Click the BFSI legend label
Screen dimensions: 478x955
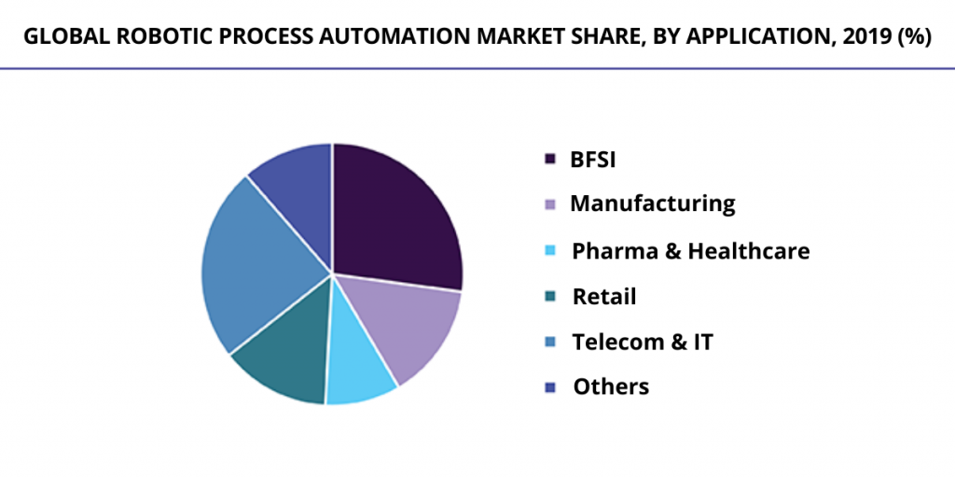tap(593, 159)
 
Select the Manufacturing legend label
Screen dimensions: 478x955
tap(653, 204)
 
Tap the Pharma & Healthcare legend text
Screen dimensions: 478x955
tap(690, 250)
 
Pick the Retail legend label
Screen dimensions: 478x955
tap(604, 297)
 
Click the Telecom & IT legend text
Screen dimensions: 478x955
tap(643, 342)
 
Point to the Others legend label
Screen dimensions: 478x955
tap(611, 387)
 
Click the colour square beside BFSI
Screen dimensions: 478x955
tap(550, 160)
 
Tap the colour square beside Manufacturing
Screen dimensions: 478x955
tap(550, 204)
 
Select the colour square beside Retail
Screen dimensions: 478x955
tap(550, 297)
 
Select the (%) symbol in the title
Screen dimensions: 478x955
tap(913, 37)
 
